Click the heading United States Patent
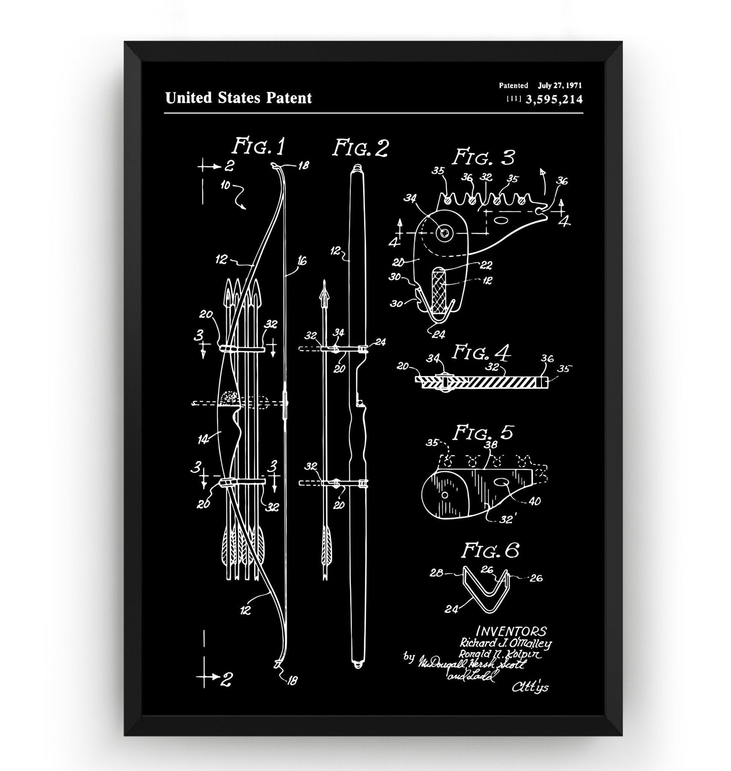pyautogui.click(x=238, y=98)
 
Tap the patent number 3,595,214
pyautogui.click(x=554, y=100)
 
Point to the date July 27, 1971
pyautogui.click(x=560, y=85)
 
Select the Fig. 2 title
pyautogui.click(x=360, y=148)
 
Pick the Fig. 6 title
pyautogui.click(x=490, y=551)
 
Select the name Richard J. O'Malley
pyautogui.click(x=506, y=643)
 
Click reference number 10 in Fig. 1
pyautogui.click(x=226, y=186)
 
